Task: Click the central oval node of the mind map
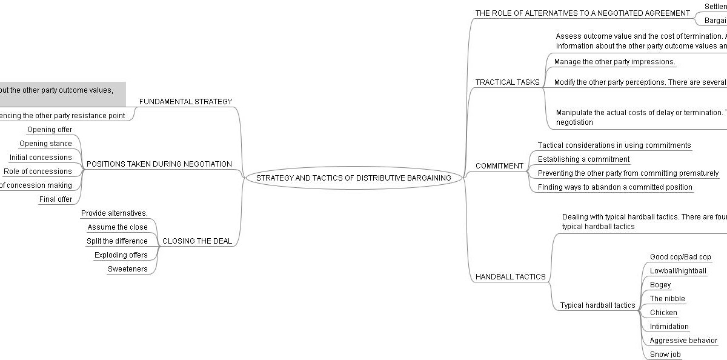[x=353, y=178]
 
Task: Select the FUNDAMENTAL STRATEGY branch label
[x=185, y=102]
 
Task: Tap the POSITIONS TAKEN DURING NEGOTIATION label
[x=159, y=164]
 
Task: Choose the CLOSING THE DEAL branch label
[x=197, y=241]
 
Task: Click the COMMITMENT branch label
[x=499, y=166]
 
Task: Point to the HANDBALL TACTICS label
[x=510, y=277]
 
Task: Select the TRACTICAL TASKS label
[x=507, y=82]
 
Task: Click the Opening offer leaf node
[x=50, y=130]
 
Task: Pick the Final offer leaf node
[x=56, y=199]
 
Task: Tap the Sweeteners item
[x=127, y=269]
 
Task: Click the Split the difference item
[x=117, y=241]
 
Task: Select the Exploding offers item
[x=121, y=255]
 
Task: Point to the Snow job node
[x=665, y=355]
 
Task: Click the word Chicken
[x=663, y=313]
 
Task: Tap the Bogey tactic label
[x=660, y=285]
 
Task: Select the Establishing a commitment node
[x=583, y=159]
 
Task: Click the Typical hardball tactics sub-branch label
[x=597, y=305]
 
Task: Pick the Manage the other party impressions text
[x=614, y=62]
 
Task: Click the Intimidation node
[x=669, y=327]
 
